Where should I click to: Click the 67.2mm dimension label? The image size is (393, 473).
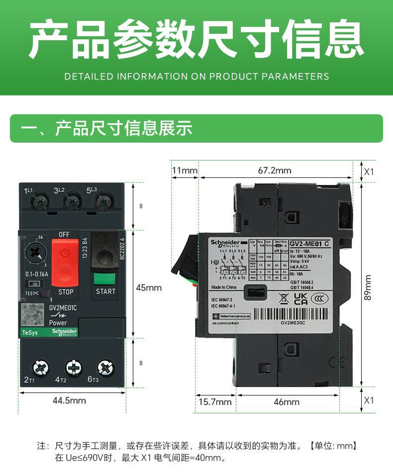275,170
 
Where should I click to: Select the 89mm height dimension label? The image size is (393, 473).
368,287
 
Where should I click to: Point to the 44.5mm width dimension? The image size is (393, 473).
69,400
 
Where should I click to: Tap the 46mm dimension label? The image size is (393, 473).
287,401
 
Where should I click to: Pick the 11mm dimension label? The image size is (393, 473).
185,170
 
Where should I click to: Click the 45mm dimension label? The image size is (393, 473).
149,287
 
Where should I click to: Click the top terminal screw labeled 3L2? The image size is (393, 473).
71,202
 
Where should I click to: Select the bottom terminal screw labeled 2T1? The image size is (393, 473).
40,368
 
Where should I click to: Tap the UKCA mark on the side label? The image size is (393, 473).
301,298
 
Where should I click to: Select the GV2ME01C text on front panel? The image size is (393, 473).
63,308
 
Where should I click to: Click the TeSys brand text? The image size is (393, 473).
30,332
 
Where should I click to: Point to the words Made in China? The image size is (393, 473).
224,287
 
